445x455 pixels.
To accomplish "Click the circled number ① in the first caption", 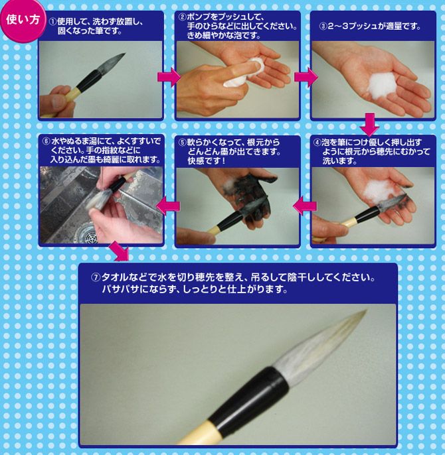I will (53, 20).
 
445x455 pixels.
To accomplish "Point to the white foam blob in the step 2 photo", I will (239, 75).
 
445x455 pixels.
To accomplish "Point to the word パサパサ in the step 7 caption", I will (118, 290).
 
